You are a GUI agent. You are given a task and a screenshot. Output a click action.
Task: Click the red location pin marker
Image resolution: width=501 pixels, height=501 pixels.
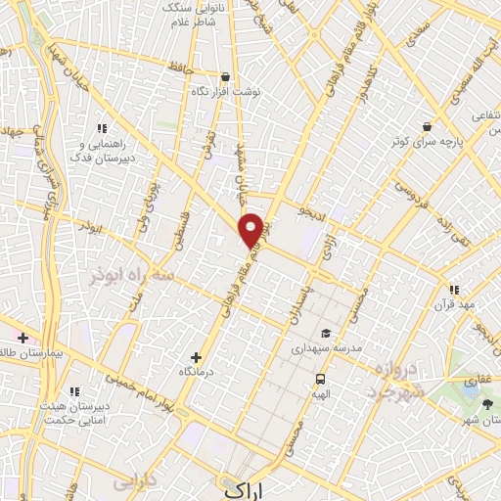tap(251, 229)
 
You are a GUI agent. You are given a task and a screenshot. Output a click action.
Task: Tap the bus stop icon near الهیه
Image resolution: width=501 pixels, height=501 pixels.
tap(320, 379)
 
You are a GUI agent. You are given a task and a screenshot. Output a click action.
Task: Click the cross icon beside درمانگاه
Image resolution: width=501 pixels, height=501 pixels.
tap(196, 357)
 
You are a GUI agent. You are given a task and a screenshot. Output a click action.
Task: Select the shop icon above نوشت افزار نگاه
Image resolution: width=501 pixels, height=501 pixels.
tap(226, 76)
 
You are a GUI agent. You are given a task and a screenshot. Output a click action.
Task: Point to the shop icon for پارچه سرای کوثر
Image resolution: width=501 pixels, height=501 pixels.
tap(427, 126)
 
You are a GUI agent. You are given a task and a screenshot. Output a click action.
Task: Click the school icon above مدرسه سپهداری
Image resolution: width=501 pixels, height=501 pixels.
tap(325, 334)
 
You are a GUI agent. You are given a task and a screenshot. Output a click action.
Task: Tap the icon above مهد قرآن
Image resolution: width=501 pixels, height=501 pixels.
tap(453, 290)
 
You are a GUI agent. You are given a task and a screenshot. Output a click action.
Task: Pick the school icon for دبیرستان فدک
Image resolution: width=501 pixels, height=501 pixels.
tap(101, 128)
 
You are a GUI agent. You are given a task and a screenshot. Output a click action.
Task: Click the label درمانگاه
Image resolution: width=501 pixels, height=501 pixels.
tap(197, 372)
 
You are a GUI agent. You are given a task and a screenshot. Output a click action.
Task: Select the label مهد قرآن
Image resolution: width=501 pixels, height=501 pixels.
tap(455, 304)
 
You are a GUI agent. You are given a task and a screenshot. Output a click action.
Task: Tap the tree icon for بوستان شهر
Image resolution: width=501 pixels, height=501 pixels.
tap(486, 403)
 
